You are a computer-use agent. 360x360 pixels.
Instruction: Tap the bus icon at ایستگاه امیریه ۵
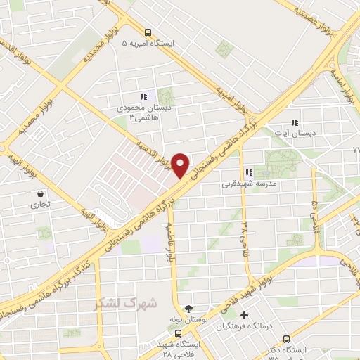click(x=148, y=32)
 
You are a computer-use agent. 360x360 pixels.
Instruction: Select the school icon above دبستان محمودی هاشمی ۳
click(x=143, y=96)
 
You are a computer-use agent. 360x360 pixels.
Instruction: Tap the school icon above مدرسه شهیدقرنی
click(x=249, y=172)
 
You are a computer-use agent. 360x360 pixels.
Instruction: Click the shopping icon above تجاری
click(x=39, y=194)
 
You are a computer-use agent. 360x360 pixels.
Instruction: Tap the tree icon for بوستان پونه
click(x=188, y=308)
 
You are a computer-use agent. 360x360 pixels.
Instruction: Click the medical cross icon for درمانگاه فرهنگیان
click(x=244, y=316)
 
